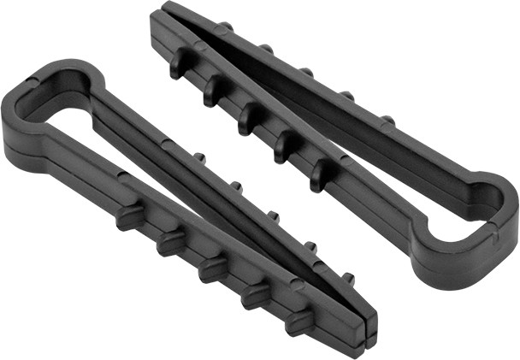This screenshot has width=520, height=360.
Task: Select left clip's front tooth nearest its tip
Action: (297, 321)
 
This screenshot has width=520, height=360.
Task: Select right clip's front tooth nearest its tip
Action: (179, 64)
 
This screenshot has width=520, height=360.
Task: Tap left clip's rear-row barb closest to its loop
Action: (199, 157)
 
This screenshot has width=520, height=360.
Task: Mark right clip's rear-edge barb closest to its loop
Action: (387, 119)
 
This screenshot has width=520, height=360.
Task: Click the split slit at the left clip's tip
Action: (370, 322)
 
